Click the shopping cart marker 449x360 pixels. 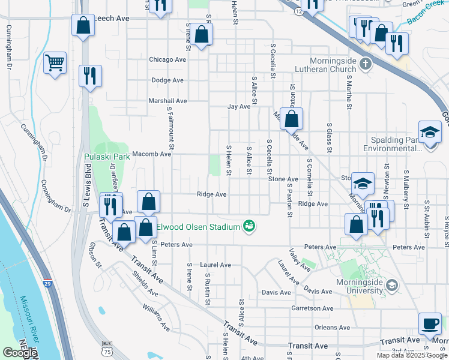point(55,62)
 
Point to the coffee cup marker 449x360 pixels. point(429,323)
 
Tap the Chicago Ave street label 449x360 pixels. point(167,60)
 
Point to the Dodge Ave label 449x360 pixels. point(167,80)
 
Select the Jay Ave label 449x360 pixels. point(238,107)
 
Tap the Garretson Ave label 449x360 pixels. point(312,308)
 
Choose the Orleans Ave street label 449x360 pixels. point(332,328)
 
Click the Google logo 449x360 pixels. point(20,353)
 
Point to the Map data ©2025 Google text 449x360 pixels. point(411,355)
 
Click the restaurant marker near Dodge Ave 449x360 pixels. point(90,76)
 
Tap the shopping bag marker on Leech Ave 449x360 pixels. point(83,26)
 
